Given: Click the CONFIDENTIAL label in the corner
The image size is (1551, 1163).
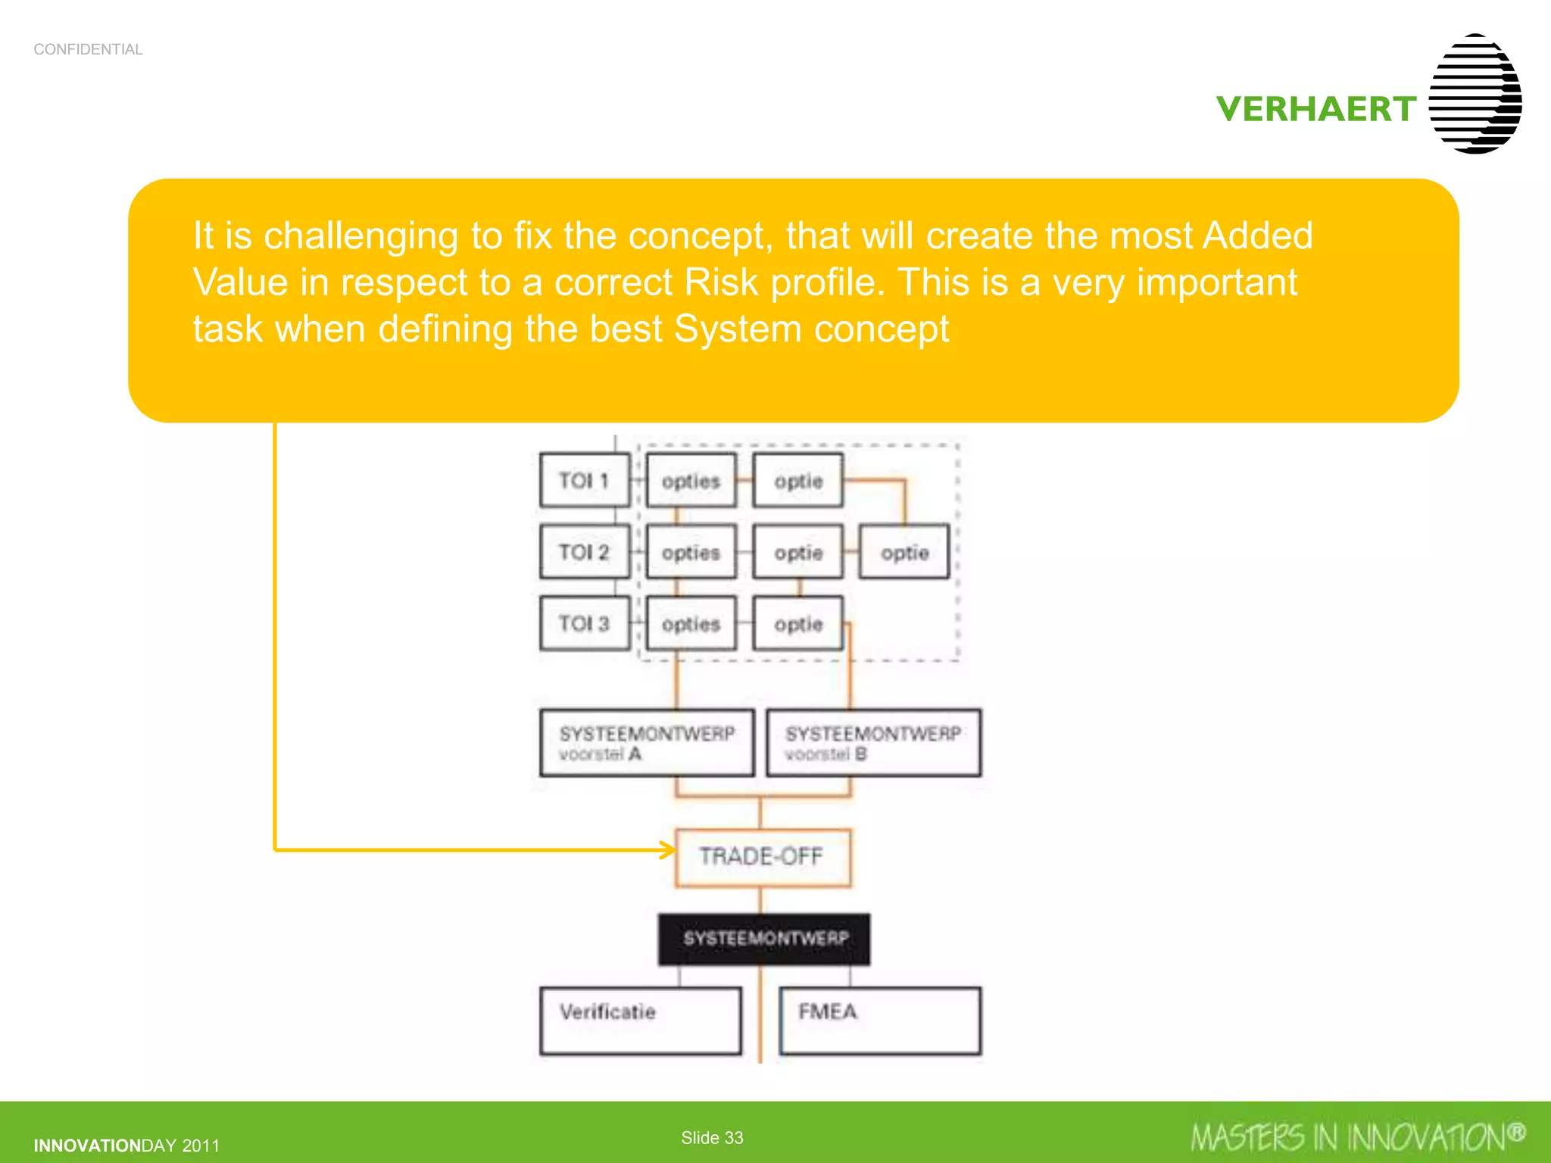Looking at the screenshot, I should tap(88, 49).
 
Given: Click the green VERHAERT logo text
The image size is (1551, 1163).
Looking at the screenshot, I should tap(1316, 109).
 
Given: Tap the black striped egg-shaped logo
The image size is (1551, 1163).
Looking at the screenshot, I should tap(1475, 94).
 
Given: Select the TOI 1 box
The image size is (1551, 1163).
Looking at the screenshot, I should tap(584, 480).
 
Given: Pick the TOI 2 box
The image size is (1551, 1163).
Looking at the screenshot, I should tap(584, 552).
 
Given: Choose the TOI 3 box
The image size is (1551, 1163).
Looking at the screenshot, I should tap(584, 623).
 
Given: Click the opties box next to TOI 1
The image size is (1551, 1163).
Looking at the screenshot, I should tap(691, 480).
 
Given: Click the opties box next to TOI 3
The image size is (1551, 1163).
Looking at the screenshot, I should tap(691, 623).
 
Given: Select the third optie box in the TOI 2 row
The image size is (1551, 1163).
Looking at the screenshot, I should tap(904, 552).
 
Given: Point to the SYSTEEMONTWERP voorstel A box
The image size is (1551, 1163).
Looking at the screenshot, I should tap(647, 743).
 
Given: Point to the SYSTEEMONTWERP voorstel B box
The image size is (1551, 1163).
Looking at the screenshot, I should tap(873, 743).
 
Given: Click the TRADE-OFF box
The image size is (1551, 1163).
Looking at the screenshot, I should tap(762, 857).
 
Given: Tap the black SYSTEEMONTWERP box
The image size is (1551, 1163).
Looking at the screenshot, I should tap(764, 939).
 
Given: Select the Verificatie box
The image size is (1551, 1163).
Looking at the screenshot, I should tap(641, 1020).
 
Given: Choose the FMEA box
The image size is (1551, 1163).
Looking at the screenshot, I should tap(880, 1020).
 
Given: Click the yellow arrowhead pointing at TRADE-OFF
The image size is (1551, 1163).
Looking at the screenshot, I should tap(667, 850).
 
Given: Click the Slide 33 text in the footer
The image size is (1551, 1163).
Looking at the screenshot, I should tap(712, 1137).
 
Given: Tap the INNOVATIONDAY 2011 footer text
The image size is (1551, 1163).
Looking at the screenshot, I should tap(126, 1146).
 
